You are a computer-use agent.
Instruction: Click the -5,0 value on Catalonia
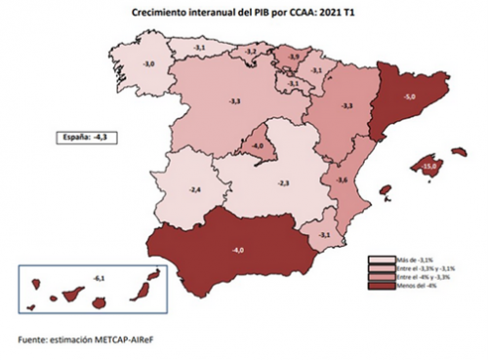[411, 98]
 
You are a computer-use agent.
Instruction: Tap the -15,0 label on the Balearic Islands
[428, 167]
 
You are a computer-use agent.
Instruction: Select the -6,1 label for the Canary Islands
[98, 279]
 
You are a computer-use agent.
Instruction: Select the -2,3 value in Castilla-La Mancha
[283, 183]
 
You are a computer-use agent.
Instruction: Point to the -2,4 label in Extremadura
[194, 188]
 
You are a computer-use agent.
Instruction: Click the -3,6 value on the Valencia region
[343, 180]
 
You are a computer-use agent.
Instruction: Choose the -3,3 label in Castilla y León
[234, 101]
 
